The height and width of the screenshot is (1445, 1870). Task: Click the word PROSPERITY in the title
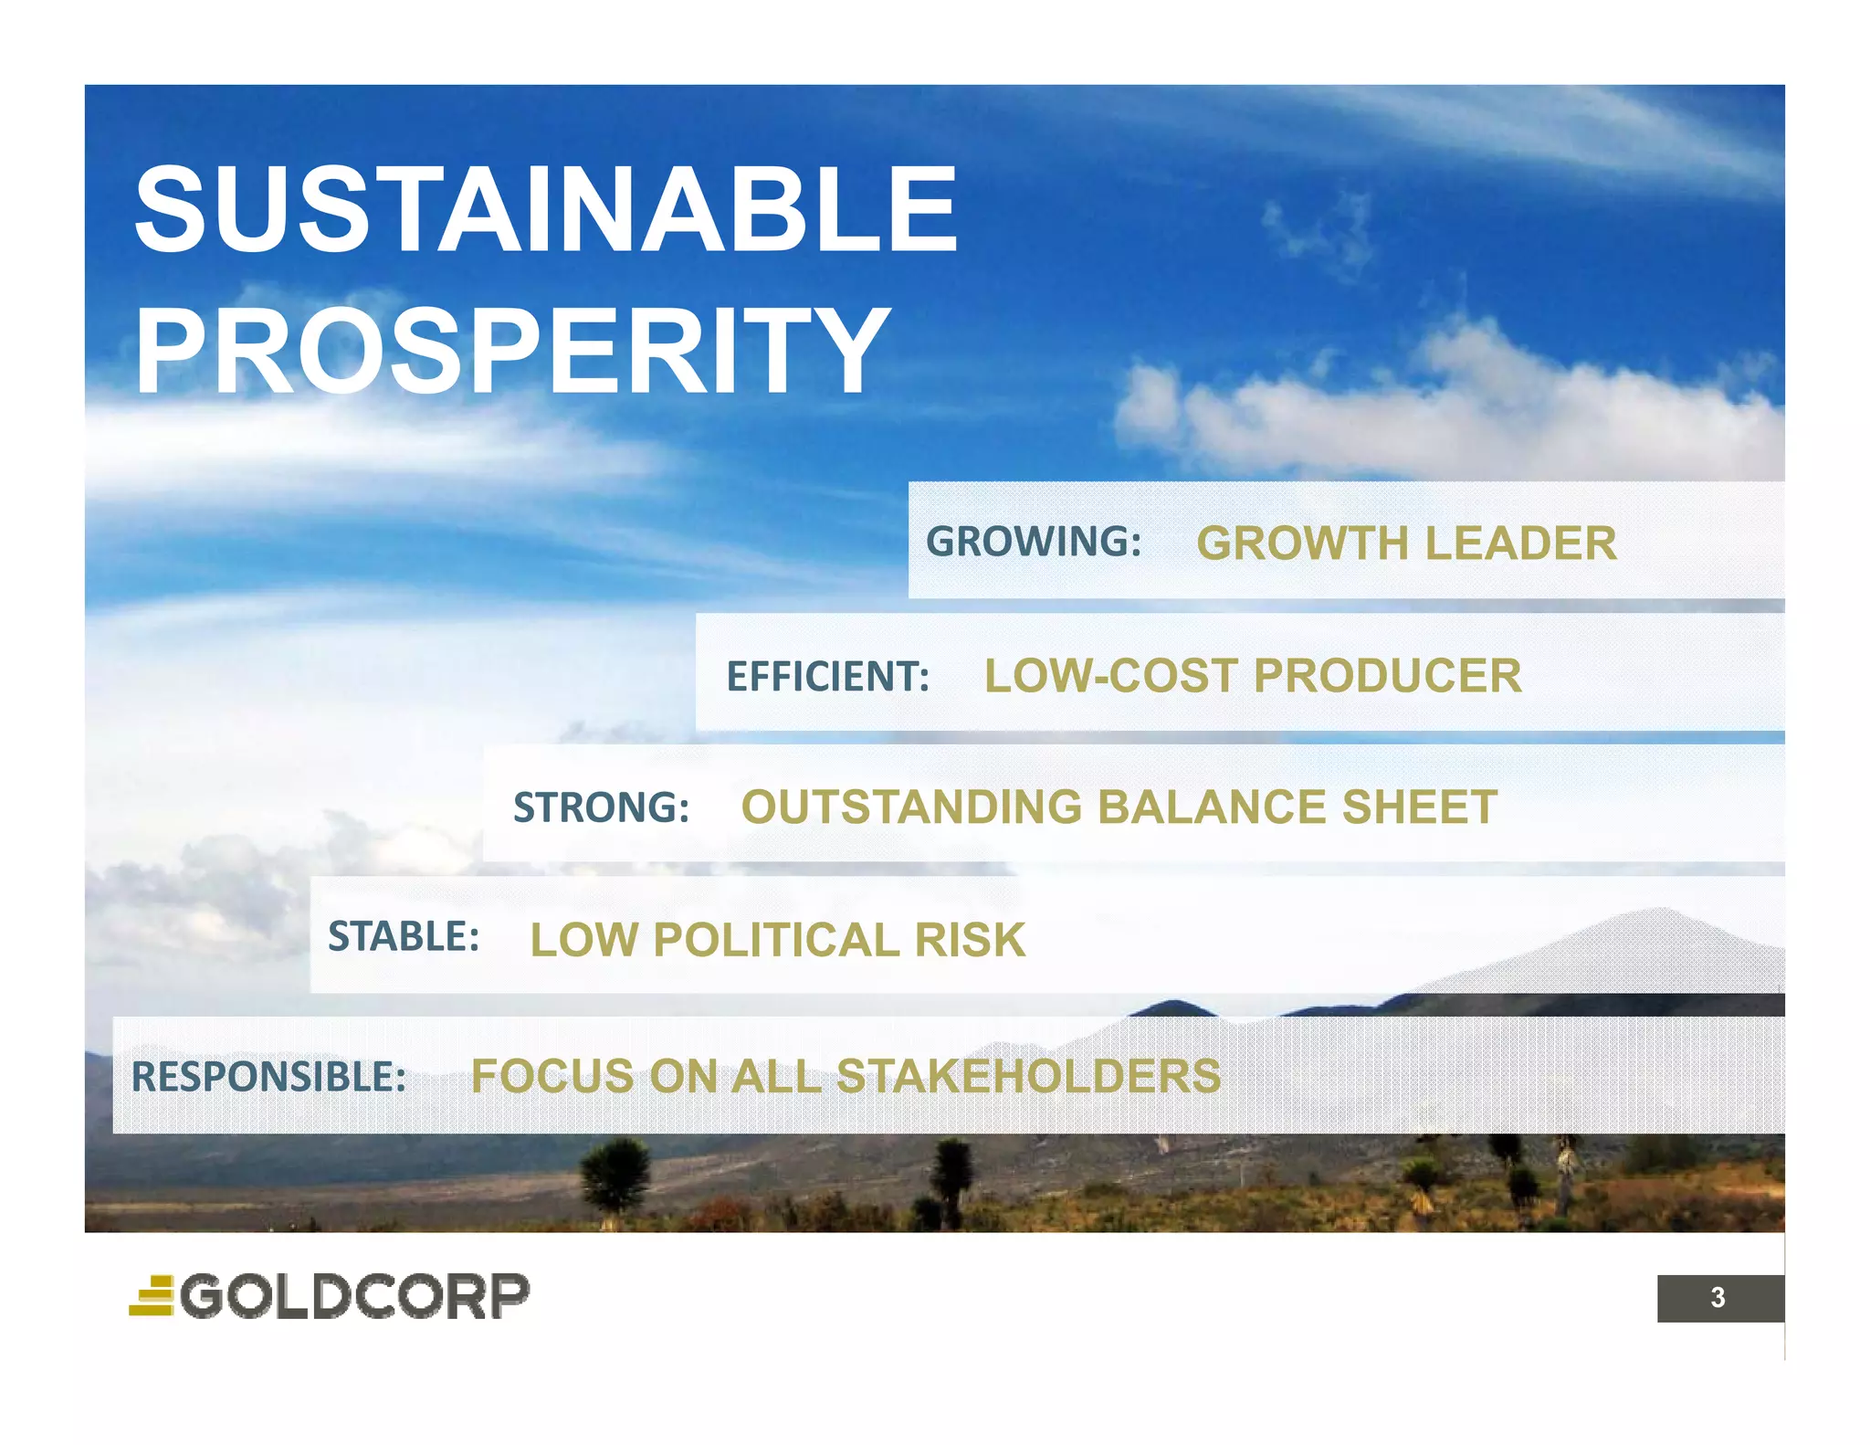click(x=511, y=351)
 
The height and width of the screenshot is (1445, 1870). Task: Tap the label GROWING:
click(x=1034, y=542)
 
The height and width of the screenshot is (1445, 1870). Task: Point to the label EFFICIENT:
click(x=827, y=677)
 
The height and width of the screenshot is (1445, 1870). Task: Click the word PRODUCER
click(x=1387, y=677)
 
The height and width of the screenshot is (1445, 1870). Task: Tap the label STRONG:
click(x=601, y=807)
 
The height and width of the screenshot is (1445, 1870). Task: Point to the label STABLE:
click(x=404, y=937)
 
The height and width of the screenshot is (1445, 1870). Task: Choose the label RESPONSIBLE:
click(x=268, y=1077)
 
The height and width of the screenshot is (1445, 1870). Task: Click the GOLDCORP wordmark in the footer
click(x=354, y=1296)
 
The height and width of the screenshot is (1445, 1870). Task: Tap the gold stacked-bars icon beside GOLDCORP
click(x=152, y=1296)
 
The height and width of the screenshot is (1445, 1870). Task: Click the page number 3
click(x=1718, y=1297)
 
